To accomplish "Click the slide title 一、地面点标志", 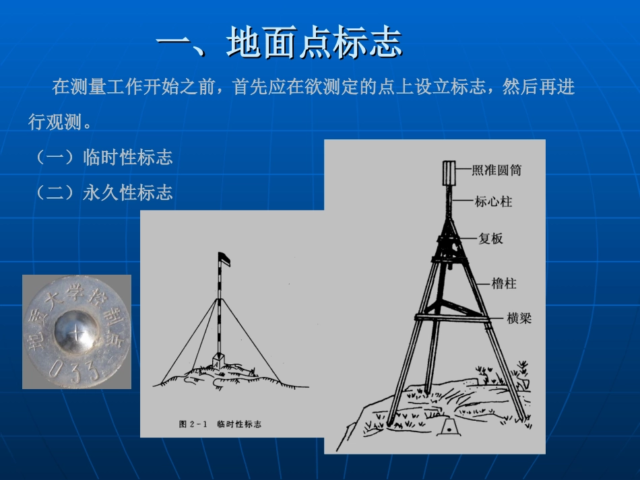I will pyautogui.click(x=279, y=44).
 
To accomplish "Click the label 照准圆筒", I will pyautogui.click(x=497, y=170).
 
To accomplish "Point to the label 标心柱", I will pyautogui.click(x=493, y=201).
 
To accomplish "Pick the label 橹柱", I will pyautogui.click(x=503, y=284).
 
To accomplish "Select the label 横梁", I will pyautogui.click(x=519, y=318).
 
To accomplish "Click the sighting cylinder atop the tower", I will pyautogui.click(x=449, y=173).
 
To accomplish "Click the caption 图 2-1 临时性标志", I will pyautogui.click(x=220, y=424).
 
